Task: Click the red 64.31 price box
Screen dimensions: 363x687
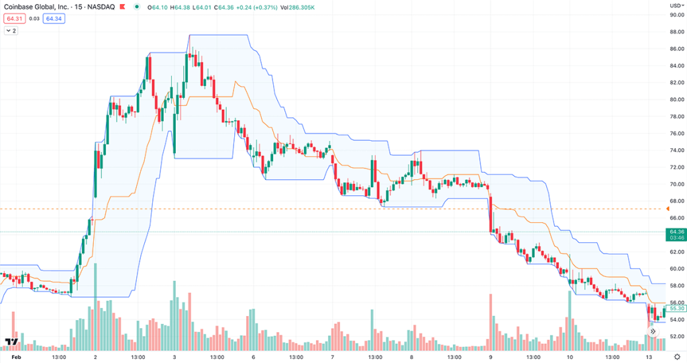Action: point(12,19)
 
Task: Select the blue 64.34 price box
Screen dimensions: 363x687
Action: point(54,19)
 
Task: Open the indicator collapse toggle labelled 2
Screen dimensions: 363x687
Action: point(11,31)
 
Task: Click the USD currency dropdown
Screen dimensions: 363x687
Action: point(676,5)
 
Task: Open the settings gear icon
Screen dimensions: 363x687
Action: point(676,356)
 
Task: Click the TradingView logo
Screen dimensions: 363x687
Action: point(11,343)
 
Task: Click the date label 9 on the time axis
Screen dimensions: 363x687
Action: point(491,356)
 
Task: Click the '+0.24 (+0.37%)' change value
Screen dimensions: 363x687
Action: point(255,7)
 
